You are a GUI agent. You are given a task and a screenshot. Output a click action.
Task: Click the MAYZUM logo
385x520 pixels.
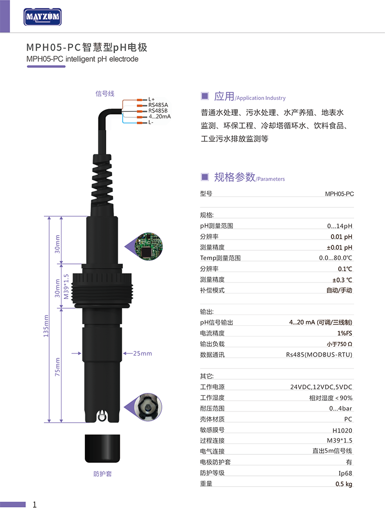[x=42, y=17]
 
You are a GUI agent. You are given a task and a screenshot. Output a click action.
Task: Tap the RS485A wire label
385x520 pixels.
[x=158, y=105]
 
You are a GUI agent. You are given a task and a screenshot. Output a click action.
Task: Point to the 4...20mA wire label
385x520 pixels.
[x=160, y=116]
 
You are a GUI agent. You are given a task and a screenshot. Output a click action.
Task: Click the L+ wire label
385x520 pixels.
[x=152, y=99]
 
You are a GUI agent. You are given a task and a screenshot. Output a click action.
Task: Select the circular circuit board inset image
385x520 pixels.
[x=148, y=246]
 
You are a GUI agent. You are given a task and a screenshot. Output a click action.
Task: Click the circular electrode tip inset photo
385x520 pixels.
[x=148, y=407]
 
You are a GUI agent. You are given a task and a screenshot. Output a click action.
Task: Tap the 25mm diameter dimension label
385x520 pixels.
[x=142, y=353]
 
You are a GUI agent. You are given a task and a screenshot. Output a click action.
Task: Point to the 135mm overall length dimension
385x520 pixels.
[x=46, y=326]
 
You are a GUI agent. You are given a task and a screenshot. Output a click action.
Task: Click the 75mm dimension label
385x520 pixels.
[x=58, y=367]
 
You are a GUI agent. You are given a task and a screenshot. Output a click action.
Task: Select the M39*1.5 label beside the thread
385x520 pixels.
[x=66, y=286]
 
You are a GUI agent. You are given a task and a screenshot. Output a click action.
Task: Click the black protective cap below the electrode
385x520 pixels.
[x=102, y=448]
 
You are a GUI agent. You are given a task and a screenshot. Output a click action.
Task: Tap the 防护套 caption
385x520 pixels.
[x=102, y=474]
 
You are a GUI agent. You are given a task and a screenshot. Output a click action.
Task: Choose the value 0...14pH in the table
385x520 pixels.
[x=340, y=226]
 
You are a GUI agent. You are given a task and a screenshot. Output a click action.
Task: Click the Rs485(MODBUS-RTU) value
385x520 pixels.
[x=319, y=354]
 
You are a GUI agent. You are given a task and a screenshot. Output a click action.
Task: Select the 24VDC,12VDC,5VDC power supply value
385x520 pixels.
[x=321, y=387]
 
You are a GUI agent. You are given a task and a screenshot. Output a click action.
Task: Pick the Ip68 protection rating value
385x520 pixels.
[x=345, y=473]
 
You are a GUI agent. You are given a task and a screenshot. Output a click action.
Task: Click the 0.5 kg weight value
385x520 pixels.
[x=344, y=484]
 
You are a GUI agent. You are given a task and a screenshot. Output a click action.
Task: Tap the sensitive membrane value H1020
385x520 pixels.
[x=342, y=430]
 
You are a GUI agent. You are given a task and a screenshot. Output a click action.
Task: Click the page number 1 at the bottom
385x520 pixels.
[x=35, y=505]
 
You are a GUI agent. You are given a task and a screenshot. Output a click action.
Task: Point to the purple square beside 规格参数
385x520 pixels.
[x=205, y=177]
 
